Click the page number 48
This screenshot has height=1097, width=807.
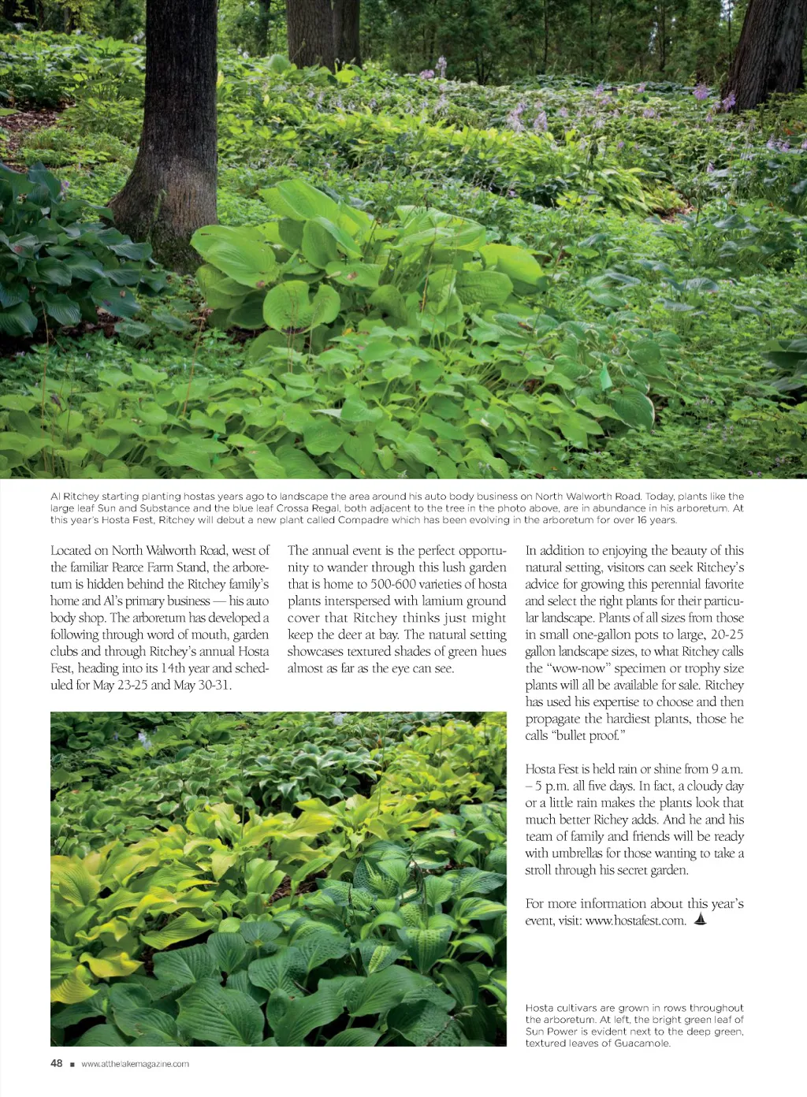pyautogui.click(x=56, y=1063)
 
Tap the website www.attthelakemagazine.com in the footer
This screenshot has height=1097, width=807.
pyautogui.click(x=135, y=1064)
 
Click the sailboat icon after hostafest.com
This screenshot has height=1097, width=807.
pyautogui.click(x=700, y=919)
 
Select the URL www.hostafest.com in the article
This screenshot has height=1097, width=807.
pyautogui.click(x=635, y=920)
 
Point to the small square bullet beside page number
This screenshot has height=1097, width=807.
pyautogui.click(x=73, y=1065)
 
